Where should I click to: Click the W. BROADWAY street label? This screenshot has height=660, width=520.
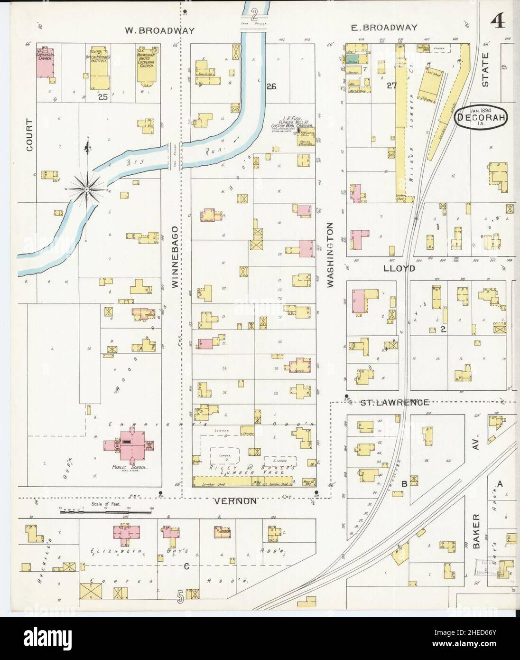click(160, 30)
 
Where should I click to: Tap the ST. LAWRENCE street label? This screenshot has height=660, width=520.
click(394, 403)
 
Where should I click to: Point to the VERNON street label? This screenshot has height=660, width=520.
click(235, 501)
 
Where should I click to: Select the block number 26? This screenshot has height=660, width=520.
click(271, 86)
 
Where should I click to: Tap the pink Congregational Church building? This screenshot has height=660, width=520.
click(45, 62)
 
